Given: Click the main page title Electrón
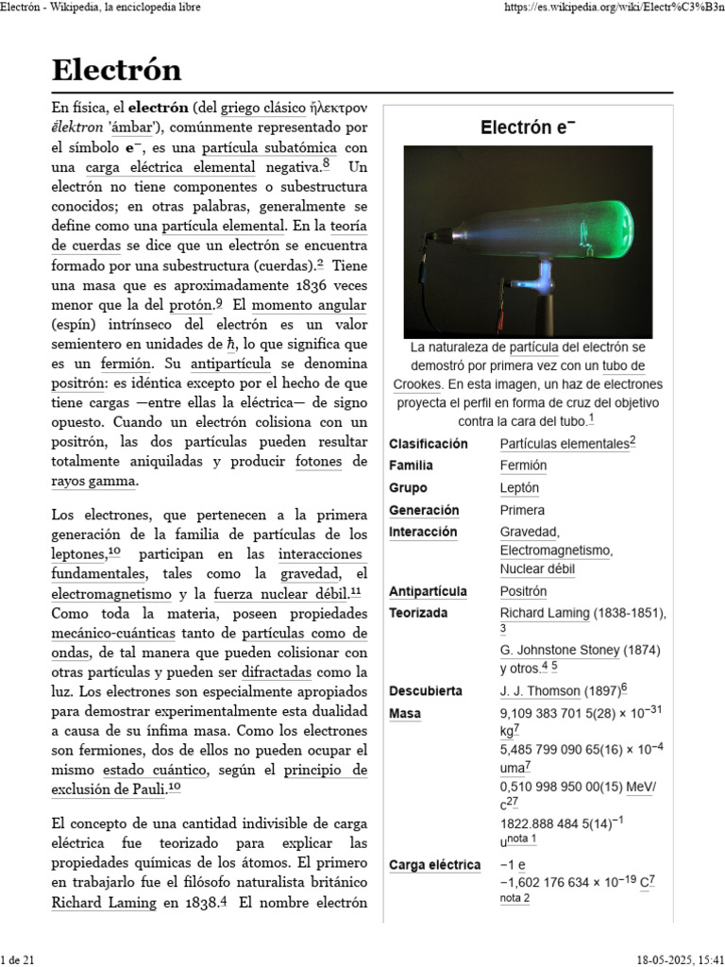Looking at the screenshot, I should [116, 70].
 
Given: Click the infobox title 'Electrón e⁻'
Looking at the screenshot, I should [528, 127].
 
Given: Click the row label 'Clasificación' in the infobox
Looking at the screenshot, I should [428, 443].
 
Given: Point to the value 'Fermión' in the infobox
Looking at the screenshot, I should [523, 466].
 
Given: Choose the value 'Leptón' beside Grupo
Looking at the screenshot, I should [519, 488].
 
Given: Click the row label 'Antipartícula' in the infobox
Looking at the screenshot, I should [428, 591].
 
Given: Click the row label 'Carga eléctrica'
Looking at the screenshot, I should [434, 865].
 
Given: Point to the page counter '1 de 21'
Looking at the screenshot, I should [19, 959].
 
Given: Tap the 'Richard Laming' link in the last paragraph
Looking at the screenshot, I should [103, 902].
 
